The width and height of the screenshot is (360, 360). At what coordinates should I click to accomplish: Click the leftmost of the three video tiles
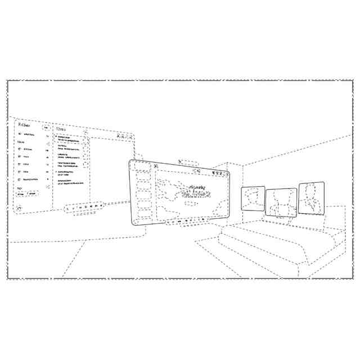coord(253,198)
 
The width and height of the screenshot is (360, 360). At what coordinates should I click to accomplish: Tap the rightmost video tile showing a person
coord(311,197)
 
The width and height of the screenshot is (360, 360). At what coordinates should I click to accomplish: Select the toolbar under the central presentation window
coord(186,222)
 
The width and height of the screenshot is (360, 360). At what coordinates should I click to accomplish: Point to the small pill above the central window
coord(188,162)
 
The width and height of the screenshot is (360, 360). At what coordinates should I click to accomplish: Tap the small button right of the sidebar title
coord(46,128)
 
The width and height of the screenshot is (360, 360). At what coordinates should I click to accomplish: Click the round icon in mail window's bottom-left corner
coord(19,207)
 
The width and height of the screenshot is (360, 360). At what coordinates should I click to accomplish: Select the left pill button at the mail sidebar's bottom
coord(21,193)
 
